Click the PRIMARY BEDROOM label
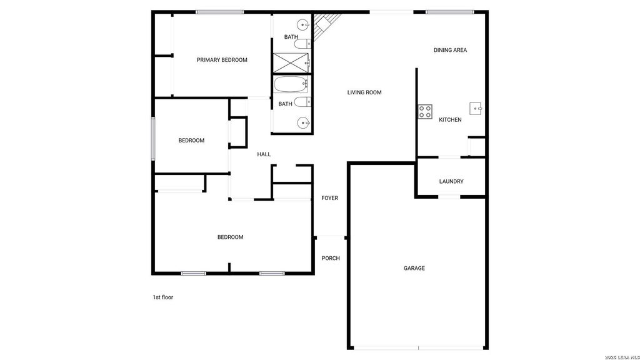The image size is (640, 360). pos(222,60)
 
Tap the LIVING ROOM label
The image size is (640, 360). pos(364,92)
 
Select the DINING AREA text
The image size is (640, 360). pos(450,50)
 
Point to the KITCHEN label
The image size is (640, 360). pos(450,120)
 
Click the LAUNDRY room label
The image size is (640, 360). pos(451,182)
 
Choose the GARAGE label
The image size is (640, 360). pos(414,269)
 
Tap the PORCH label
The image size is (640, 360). pos(331,258)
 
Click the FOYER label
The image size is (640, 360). pos(330,198)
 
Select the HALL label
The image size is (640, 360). pos(264,154)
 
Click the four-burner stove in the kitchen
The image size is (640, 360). pos(425,112)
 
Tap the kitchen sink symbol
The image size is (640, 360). pos(476,109)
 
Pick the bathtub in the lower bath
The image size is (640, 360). pos(290,85)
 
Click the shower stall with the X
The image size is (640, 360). pos(291,63)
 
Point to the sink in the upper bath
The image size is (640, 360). pos(302,25)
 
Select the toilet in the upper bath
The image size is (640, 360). pos(302,44)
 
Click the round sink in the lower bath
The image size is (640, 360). pos(303,122)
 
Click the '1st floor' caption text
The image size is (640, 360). pos(163,297)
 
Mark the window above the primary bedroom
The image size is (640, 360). pos(220,12)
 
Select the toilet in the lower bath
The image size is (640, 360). pos(302,102)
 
